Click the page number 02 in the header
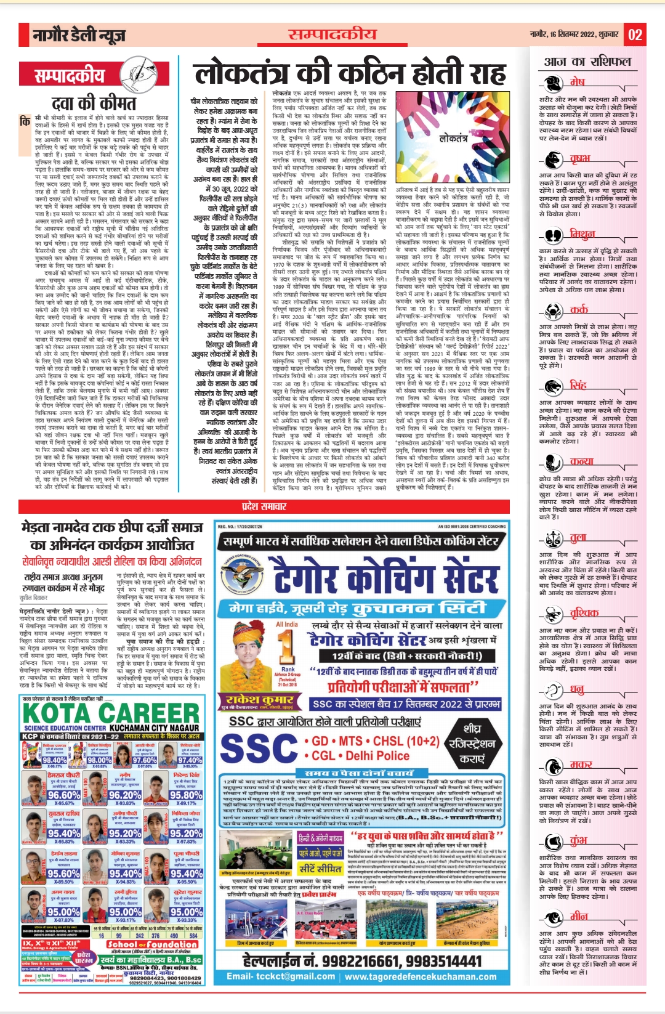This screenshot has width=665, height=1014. coord(635,34)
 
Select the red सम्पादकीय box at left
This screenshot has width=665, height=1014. coord(70,76)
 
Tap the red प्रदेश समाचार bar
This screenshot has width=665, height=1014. coord(264,506)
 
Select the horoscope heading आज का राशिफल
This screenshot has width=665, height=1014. coord(587,62)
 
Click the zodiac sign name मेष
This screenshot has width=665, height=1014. coord(577,81)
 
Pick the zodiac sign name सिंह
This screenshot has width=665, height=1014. coord(578,385)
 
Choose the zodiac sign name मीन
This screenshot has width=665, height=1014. coord(578,915)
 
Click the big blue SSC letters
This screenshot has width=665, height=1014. coord(259,748)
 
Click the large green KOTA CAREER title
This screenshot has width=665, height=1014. coord(111,713)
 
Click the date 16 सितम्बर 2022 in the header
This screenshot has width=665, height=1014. coord(567,34)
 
